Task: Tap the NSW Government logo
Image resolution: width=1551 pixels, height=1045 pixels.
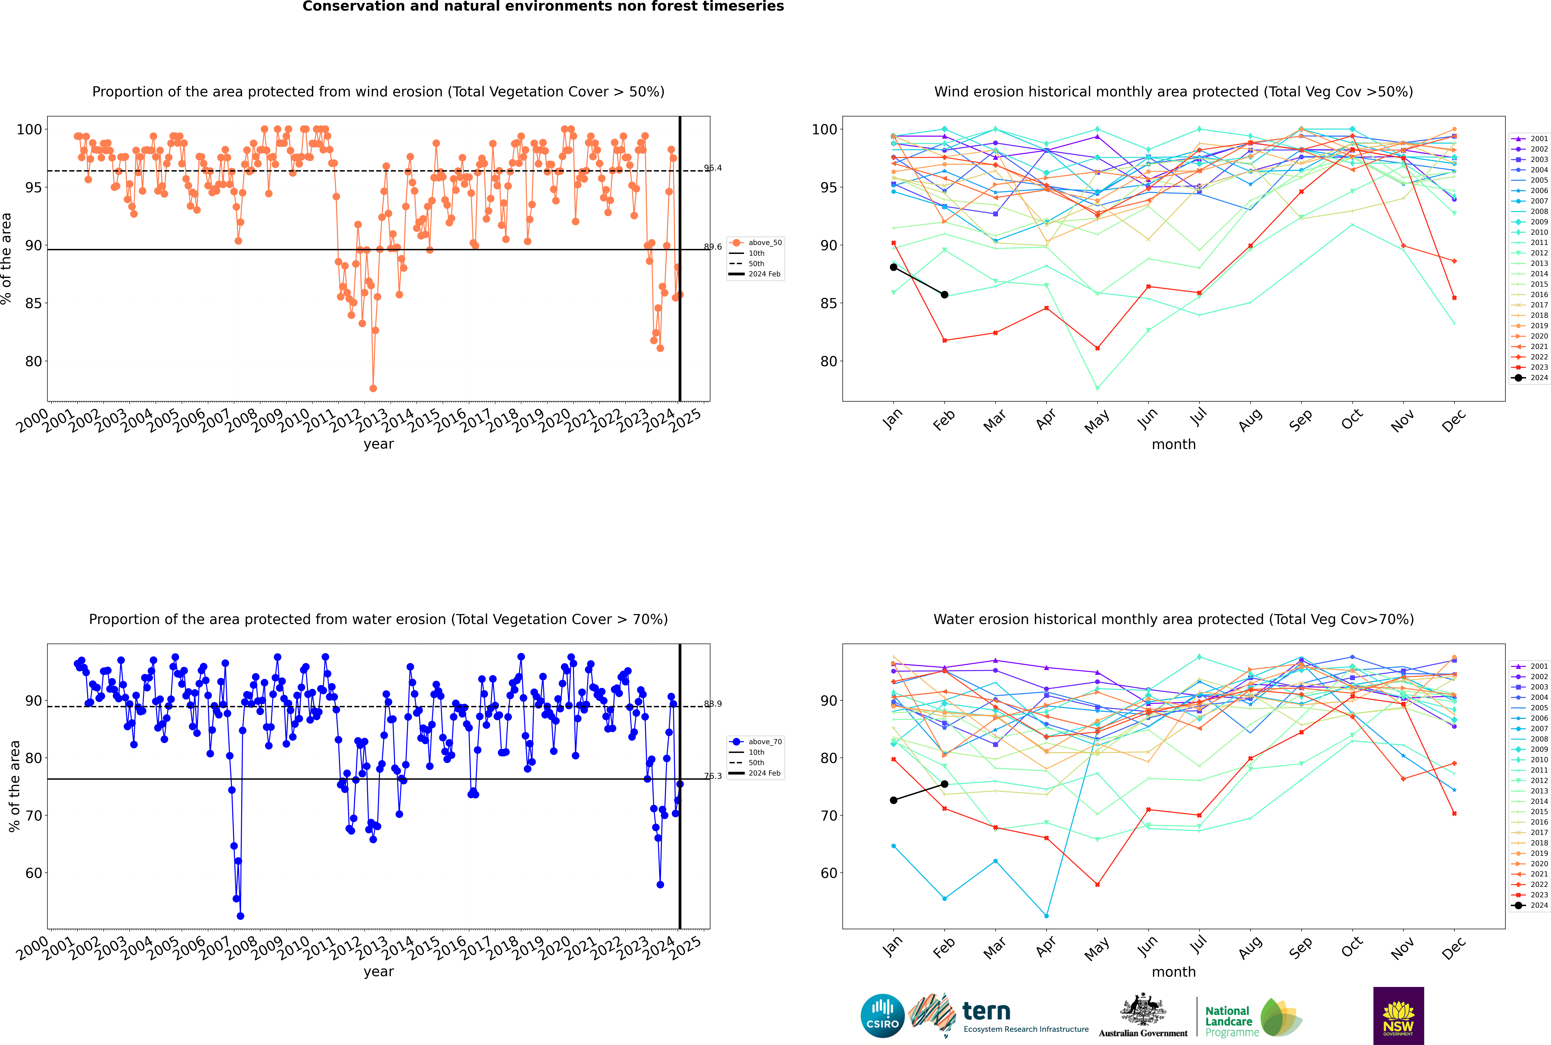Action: [x=1398, y=1016]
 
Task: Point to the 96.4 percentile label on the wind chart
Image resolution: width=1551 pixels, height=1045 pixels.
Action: [x=713, y=168]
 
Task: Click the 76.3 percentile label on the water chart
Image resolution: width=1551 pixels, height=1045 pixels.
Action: [x=713, y=776]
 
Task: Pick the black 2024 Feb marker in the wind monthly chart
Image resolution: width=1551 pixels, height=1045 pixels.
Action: [x=944, y=295]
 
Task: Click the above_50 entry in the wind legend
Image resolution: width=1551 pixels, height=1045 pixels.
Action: [x=756, y=243]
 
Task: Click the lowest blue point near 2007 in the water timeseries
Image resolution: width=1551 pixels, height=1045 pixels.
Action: [x=241, y=916]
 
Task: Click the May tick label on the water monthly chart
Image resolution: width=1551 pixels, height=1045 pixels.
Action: [x=1097, y=948]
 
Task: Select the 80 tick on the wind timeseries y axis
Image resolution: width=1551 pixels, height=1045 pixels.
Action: [x=33, y=361]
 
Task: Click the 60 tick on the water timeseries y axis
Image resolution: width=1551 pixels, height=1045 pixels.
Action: [x=33, y=873]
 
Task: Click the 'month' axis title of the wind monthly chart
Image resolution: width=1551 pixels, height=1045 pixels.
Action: [x=1174, y=445]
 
